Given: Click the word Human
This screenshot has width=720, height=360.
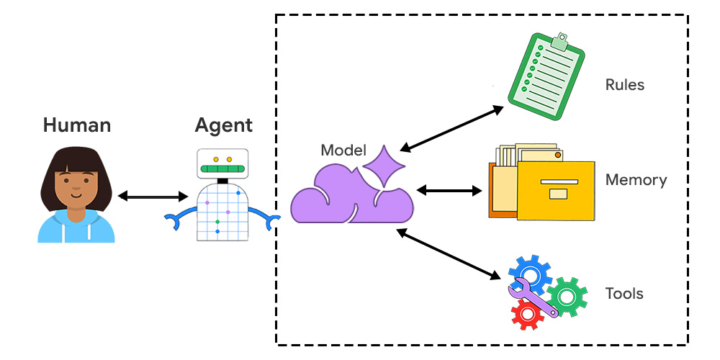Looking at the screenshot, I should click(x=77, y=125).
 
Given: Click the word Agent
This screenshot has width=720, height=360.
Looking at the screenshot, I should click(x=223, y=125).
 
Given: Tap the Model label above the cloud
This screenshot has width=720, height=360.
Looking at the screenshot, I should click(x=343, y=150).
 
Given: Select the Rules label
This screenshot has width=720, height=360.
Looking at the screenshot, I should click(x=624, y=85).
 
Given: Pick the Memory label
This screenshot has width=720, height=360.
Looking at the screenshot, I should click(x=636, y=179).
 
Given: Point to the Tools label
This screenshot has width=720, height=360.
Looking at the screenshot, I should click(x=624, y=293).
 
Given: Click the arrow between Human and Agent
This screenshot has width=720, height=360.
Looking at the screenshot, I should click(x=153, y=196).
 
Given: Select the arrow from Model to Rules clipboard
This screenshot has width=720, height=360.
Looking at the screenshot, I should click(x=451, y=129).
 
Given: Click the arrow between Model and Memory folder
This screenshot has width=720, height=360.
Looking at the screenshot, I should click(x=450, y=191).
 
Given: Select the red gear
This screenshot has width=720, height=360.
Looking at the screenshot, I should click(x=526, y=314).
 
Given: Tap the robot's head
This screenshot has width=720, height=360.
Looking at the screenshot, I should click(x=222, y=163).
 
